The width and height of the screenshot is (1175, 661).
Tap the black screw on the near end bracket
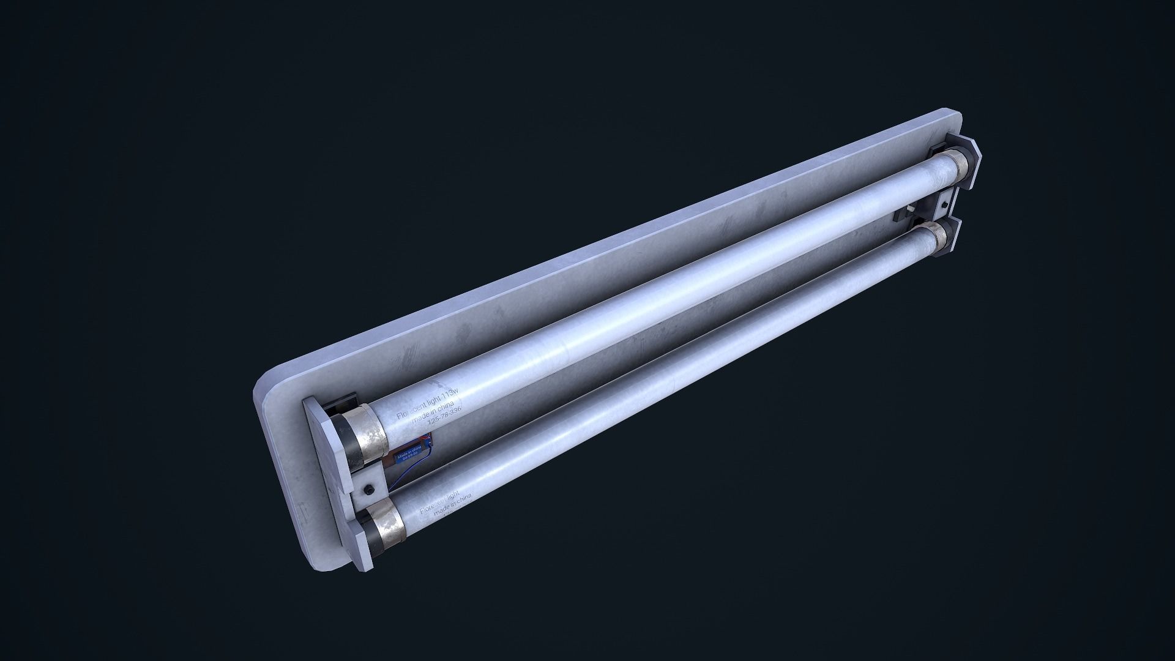[x=369, y=472]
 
